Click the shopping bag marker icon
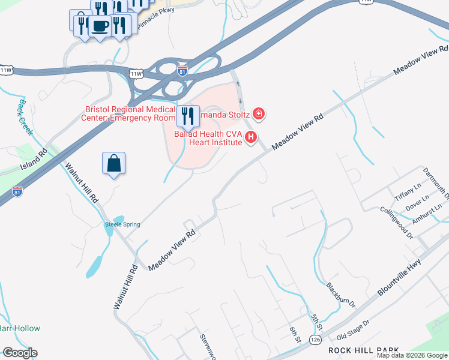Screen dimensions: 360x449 [113, 164]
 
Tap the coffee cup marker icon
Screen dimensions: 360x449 [100, 26]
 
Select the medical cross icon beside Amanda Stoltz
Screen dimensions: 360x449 [259, 113]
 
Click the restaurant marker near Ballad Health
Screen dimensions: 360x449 [188, 116]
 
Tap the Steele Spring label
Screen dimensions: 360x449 [122, 224]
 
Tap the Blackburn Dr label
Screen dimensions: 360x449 [341, 295]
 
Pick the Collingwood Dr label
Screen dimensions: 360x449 [397, 223]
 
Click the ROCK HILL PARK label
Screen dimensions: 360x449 [363, 350]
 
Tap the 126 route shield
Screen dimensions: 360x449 [315, 340]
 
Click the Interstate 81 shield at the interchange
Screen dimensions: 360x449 [182, 71]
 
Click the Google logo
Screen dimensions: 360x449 [20, 353]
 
